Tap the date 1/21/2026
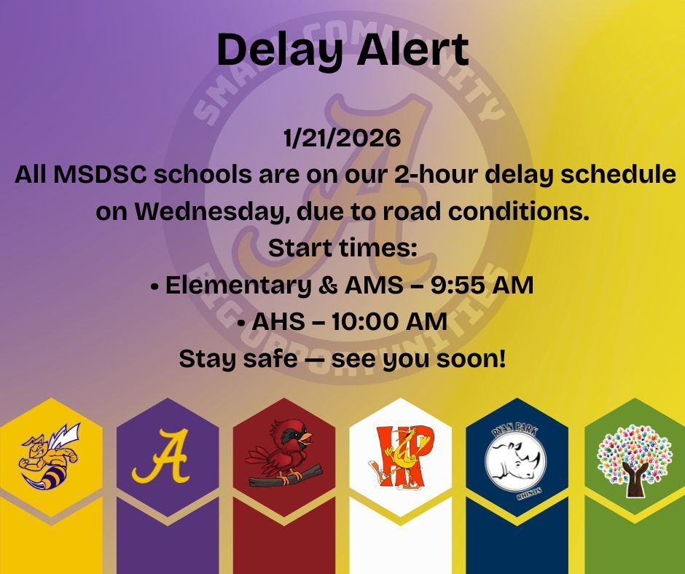point(342,138)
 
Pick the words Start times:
point(342,248)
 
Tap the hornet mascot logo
point(50,456)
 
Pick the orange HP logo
point(400,456)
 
